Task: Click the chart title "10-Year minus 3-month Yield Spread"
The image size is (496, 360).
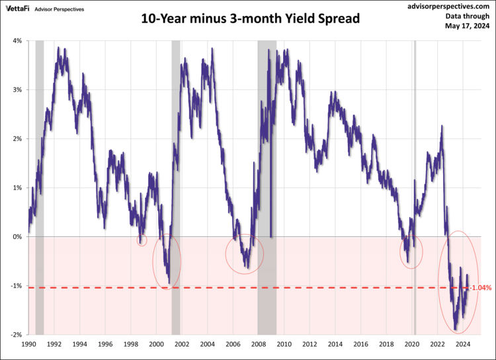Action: [x=250, y=19]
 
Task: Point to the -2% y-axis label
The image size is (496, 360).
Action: [x=16, y=335]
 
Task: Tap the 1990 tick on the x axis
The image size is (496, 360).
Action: [x=28, y=345]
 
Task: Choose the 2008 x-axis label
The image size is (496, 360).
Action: [x=259, y=345]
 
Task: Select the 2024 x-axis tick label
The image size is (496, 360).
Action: [x=464, y=345]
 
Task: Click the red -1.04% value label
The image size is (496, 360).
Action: [x=481, y=288]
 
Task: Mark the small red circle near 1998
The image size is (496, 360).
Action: [x=142, y=240]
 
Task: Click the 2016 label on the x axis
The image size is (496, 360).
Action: [x=361, y=345]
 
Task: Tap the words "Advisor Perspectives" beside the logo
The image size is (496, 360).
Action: [x=64, y=9]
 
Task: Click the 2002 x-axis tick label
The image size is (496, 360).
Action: [x=182, y=345]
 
